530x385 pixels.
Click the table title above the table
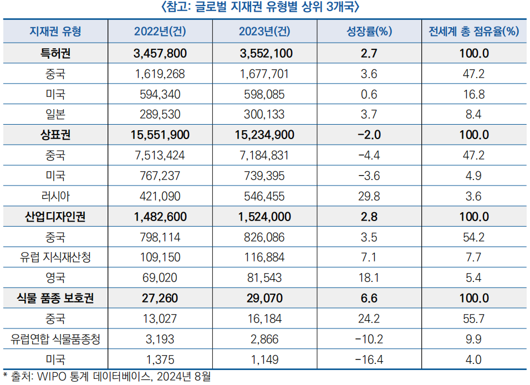tap(264, 7)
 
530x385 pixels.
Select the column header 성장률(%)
tap(369, 31)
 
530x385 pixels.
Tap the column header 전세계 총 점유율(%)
tap(473, 31)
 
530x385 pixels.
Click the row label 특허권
tap(55, 54)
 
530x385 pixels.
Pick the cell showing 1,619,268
tap(160, 74)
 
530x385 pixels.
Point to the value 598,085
tap(264, 95)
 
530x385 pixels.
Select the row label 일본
tap(55, 115)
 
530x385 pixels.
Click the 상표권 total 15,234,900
tap(264, 135)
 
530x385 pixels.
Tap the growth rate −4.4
tap(368, 156)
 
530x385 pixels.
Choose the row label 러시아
tap(55, 196)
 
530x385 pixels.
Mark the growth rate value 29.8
tap(369, 196)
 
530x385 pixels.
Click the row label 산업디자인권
tap(55, 217)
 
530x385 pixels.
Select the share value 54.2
tap(473, 237)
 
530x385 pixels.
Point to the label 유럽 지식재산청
tap(55, 258)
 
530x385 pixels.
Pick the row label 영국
tap(55, 278)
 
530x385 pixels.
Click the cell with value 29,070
tap(264, 299)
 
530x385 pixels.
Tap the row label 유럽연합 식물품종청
tap(55, 339)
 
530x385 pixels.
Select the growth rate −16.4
tap(368, 360)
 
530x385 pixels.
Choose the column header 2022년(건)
tap(160, 31)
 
